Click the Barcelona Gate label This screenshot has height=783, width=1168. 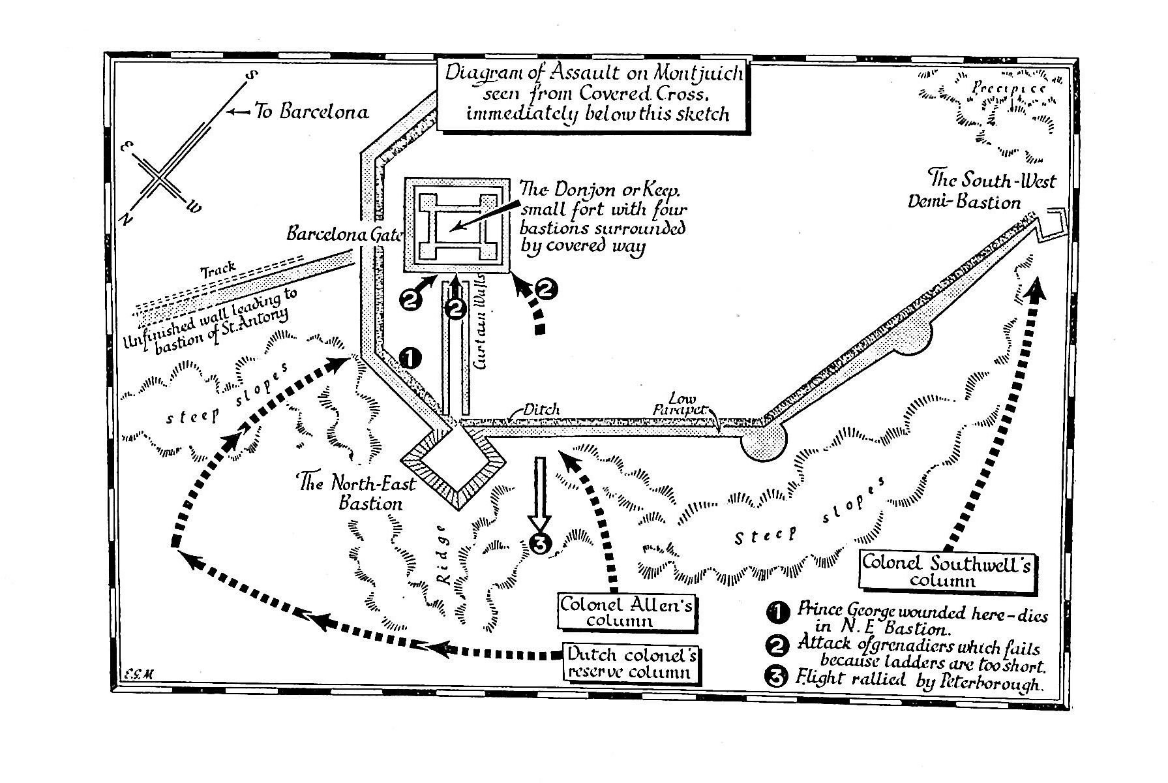pyautogui.click(x=344, y=234)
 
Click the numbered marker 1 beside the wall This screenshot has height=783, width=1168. pyautogui.click(x=410, y=358)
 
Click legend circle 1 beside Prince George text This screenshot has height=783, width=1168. pyautogui.click(x=776, y=613)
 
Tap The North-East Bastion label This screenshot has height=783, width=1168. pyautogui.click(x=350, y=493)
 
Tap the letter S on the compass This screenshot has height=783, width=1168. pyautogui.click(x=250, y=77)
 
